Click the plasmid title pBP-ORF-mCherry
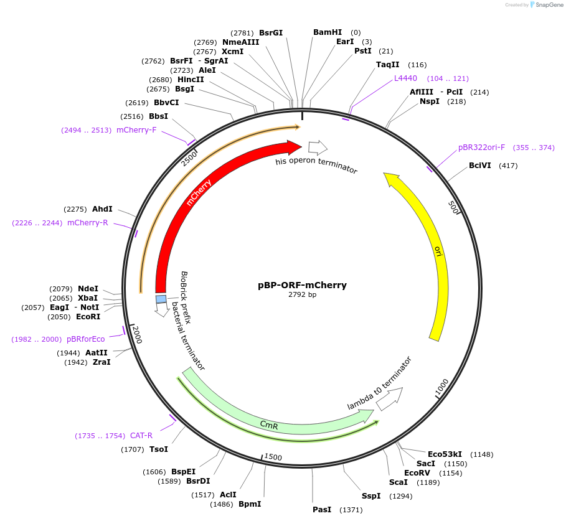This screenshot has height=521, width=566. click(x=302, y=285)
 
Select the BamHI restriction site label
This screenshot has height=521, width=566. click(x=328, y=32)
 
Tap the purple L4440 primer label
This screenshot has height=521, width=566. click(x=405, y=78)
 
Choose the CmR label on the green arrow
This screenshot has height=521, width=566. click(x=269, y=425)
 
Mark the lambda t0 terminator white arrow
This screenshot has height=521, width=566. click(x=390, y=398)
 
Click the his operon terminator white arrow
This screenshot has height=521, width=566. click(x=318, y=148)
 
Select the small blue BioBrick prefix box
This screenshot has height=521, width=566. click(x=161, y=299)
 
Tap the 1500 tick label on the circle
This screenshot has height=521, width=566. click(x=273, y=457)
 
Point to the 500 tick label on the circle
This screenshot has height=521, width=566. click(x=453, y=207)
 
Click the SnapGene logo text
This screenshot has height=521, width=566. click(x=545, y=5)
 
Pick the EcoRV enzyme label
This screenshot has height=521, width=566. click(x=417, y=472)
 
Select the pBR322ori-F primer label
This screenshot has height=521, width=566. click(x=481, y=148)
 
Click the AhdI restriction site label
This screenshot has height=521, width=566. click(x=102, y=209)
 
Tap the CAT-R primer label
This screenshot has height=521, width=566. click(x=141, y=436)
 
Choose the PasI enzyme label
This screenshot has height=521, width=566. click(x=322, y=510)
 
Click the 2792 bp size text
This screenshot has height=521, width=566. click(x=302, y=295)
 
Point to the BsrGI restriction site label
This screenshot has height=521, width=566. click(x=271, y=32)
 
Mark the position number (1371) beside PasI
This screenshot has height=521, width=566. click(x=351, y=510)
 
